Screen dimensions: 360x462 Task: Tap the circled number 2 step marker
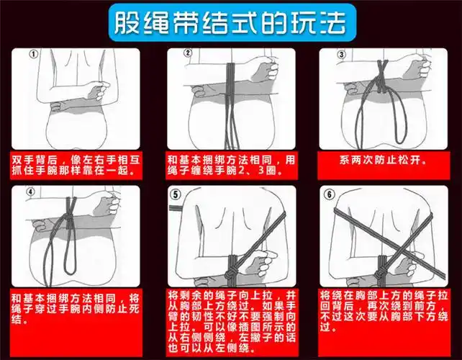(x=187, y=53)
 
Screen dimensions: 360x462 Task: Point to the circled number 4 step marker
(x=31, y=193)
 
